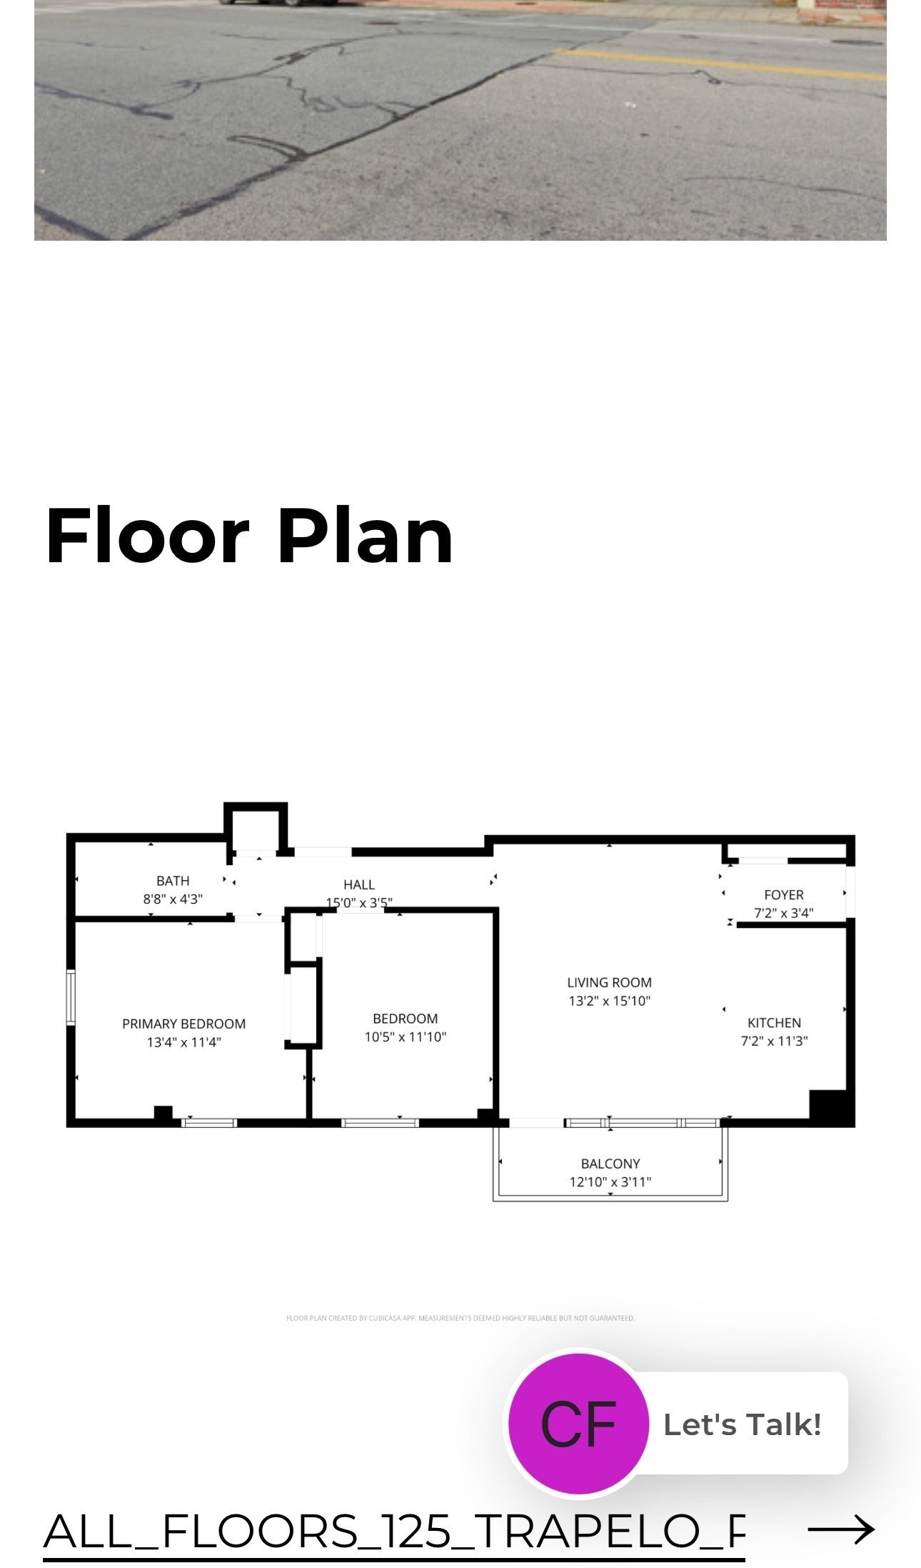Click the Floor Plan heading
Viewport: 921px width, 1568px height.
click(x=249, y=536)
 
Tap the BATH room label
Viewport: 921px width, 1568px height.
click(x=173, y=881)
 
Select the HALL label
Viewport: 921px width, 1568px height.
click(x=358, y=884)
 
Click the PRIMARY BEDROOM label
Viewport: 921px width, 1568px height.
click(x=183, y=1024)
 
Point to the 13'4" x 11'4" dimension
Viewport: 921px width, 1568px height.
click(x=183, y=1042)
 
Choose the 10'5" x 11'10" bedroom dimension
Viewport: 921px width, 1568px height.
click(x=405, y=1037)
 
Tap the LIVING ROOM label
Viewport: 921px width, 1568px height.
click(x=609, y=982)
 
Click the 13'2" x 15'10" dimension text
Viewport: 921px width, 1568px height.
click(x=609, y=1001)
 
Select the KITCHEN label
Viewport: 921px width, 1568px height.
click(x=774, y=1022)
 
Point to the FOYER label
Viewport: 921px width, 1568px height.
click(x=783, y=894)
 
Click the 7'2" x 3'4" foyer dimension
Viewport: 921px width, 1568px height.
click(x=783, y=913)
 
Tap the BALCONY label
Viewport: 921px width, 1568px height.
click(x=610, y=1164)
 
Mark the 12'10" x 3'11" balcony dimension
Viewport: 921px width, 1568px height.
click(x=610, y=1182)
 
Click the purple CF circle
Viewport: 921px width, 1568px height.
click(x=578, y=1424)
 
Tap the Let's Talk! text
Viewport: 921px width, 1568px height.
click(x=742, y=1424)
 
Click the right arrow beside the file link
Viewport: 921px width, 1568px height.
click(x=841, y=1529)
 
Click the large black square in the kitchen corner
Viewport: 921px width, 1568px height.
click(x=831, y=1107)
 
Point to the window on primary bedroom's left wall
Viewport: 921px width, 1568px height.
click(x=71, y=997)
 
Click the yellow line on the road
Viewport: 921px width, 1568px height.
click(x=714, y=64)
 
